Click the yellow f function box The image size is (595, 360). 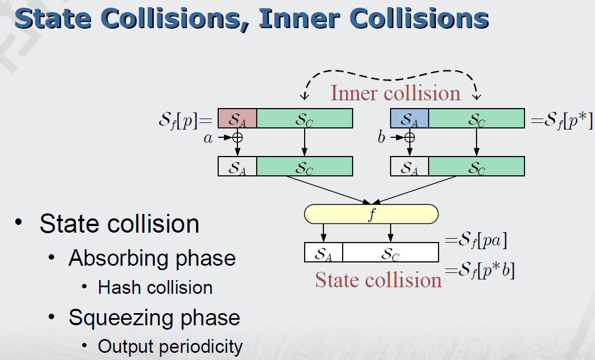coord(371,214)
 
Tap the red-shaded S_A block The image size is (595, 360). coord(237,119)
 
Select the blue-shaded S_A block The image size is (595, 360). coord(409,119)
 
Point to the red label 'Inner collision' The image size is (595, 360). coord(395,93)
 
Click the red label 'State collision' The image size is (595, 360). coord(378,280)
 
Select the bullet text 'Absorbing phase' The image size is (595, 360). coord(152,258)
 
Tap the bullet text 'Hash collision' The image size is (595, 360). coord(155,288)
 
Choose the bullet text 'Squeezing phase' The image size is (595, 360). coord(154,318)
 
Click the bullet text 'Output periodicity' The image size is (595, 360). coord(170,346)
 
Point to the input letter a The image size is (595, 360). coord(208,138)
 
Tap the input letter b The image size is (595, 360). coord(381,138)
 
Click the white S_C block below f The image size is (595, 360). coord(391,252)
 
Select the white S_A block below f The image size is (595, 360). coord(323,252)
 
